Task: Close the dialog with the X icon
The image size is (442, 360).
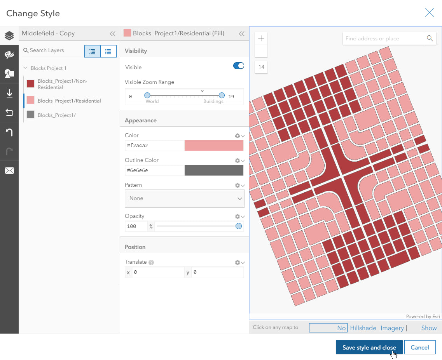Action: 429,13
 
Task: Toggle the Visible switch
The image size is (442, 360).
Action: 238,66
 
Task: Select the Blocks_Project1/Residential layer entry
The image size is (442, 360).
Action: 69,101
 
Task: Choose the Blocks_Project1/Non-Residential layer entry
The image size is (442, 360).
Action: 62,84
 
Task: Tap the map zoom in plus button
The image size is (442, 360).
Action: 261,38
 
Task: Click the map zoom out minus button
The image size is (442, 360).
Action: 261,51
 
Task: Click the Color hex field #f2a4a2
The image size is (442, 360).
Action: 154,146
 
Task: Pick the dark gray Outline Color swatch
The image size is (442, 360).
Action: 214,170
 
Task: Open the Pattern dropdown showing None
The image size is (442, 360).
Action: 184,198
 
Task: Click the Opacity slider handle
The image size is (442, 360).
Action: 239,226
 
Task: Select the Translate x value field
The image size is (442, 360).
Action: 157,273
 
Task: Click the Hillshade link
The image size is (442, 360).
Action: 363,328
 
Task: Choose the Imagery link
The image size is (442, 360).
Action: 392,328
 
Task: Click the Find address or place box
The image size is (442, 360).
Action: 383,38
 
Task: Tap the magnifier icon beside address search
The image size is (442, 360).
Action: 430,38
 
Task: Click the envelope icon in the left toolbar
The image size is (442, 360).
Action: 9,170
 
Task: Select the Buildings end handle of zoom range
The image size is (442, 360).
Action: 222,95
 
